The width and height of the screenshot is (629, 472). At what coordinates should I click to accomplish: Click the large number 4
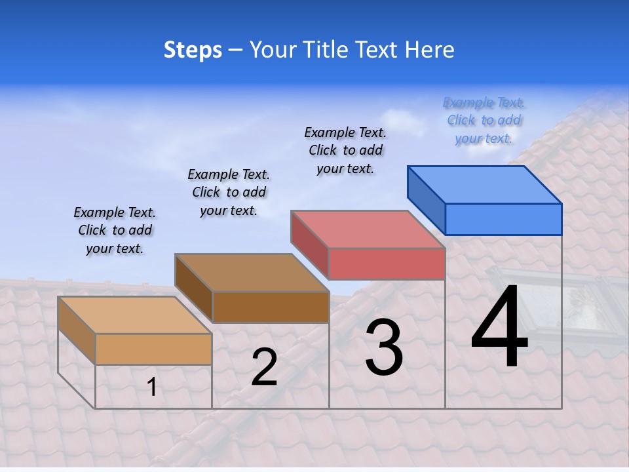499,328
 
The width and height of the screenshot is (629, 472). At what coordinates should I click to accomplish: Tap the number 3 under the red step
384,347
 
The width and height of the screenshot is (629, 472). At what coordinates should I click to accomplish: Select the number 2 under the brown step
264,368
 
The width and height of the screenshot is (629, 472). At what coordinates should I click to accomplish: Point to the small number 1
152,387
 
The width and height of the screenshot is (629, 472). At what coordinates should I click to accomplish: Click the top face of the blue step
485,184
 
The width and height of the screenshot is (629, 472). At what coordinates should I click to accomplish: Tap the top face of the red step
368,229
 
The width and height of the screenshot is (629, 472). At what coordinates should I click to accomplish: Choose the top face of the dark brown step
252,273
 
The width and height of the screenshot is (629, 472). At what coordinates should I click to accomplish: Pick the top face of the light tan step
135,315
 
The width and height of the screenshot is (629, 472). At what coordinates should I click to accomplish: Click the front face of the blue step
503,219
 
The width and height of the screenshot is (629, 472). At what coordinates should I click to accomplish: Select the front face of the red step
387,264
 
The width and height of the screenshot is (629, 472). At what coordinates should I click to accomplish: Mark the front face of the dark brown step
271,307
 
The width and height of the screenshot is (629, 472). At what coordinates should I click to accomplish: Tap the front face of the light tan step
153,349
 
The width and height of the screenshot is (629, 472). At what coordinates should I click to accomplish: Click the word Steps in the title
193,50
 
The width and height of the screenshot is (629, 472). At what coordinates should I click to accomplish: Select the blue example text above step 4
484,121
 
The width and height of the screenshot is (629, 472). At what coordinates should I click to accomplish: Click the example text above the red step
345,150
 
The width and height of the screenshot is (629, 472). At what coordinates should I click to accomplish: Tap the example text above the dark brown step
229,192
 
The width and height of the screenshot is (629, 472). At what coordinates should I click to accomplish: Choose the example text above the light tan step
115,230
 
